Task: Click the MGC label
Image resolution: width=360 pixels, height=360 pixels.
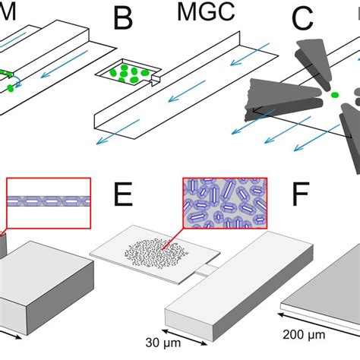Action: click(x=200, y=13)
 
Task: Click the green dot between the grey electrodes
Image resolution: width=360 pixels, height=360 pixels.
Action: click(x=333, y=95)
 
